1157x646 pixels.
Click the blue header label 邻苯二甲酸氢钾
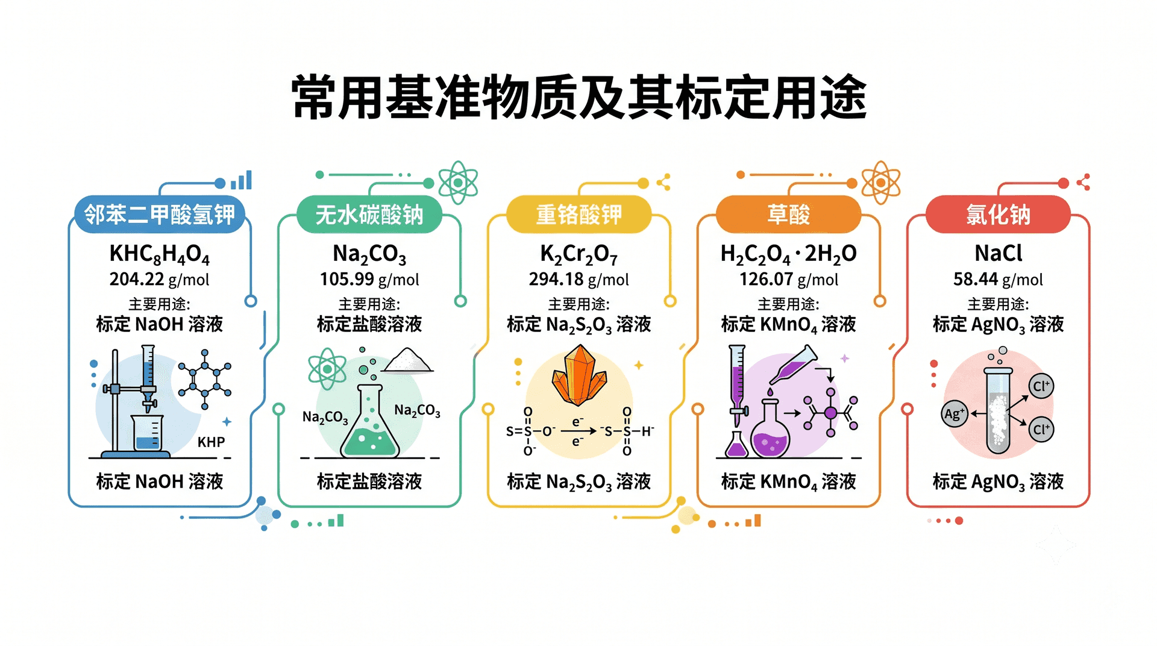[159, 215]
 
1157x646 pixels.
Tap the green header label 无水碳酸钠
[369, 215]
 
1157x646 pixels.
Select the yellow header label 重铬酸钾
[579, 215]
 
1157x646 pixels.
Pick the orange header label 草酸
[788, 215]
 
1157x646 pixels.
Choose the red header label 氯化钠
[999, 215]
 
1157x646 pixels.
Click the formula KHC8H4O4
[160, 254]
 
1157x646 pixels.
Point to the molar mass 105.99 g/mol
[369, 280]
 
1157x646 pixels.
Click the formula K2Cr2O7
[579, 254]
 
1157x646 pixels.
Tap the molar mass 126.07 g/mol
[789, 280]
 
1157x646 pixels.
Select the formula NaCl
[999, 253]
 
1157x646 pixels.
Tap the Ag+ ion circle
[954, 413]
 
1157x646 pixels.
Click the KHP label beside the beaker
[211, 442]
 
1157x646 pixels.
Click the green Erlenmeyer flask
[370, 422]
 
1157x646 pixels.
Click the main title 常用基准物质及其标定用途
[579, 98]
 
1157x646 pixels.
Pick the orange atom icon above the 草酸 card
[880, 183]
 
